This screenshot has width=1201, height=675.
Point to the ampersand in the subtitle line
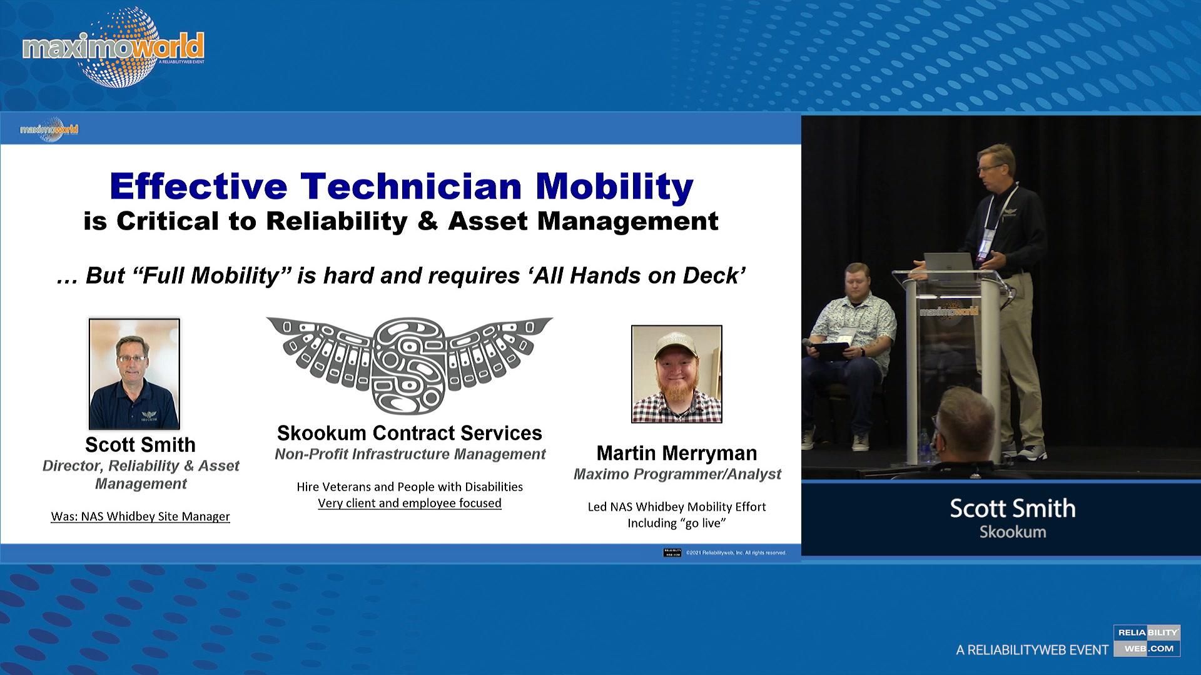pos(427,221)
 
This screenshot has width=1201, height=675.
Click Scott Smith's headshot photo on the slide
pos(134,374)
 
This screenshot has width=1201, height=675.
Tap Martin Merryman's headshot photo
pos(676,374)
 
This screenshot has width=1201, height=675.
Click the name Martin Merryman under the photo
pos(676,453)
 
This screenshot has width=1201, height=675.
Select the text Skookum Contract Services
pos(409,433)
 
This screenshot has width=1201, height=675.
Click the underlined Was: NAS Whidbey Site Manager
pos(140,517)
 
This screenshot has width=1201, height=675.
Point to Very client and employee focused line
pos(409,503)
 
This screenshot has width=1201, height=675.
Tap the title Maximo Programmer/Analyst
pos(677,474)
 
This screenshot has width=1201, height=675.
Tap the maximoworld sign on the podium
pos(948,311)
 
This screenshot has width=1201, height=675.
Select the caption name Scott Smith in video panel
pos(1012,508)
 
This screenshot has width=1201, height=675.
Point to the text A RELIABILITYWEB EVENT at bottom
pos(1031,651)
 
